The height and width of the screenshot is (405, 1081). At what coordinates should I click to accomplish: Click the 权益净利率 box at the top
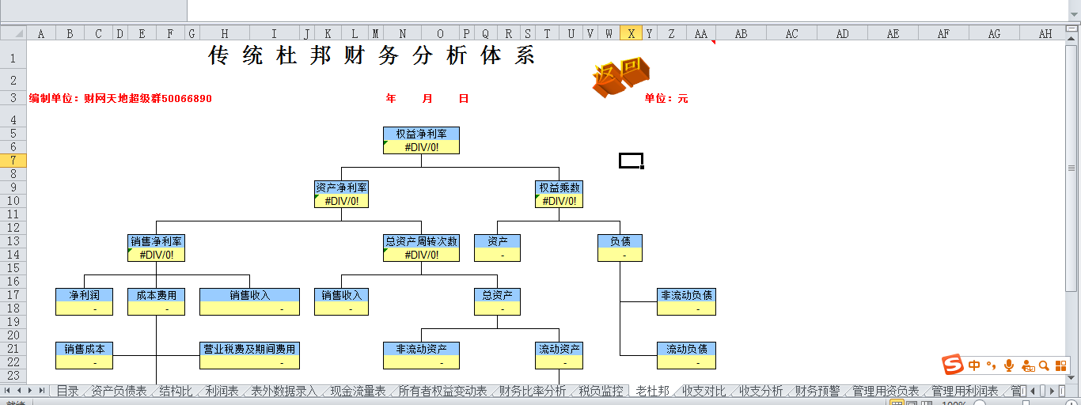421,140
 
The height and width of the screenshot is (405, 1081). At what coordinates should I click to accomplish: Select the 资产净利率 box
341,194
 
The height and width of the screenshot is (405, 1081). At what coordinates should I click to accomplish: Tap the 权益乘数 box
559,194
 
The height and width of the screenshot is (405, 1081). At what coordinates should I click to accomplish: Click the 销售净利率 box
156,248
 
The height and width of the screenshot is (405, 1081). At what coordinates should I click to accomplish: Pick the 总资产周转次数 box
421,248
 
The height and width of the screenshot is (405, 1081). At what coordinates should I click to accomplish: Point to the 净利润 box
84,301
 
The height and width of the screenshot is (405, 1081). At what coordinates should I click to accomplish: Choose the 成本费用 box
156,301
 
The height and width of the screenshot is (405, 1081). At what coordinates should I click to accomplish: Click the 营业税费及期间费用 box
249,355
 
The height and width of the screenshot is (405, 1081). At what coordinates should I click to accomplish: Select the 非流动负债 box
686,301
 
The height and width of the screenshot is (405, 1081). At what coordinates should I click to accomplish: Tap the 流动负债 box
686,355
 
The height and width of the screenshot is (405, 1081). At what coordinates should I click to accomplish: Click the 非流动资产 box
421,355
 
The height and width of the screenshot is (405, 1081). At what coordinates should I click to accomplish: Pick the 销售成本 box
84,355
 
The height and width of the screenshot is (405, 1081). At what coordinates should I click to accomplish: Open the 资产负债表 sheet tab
119,391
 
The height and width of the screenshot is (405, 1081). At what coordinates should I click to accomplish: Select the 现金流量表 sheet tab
358,391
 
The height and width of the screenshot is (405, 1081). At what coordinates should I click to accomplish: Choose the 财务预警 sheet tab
817,391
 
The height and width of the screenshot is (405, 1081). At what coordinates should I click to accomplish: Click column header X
631,33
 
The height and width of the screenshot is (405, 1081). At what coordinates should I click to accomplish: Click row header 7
13,160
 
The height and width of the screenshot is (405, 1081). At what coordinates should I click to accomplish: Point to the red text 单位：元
666,99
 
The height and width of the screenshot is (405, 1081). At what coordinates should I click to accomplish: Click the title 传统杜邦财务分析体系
372,55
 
